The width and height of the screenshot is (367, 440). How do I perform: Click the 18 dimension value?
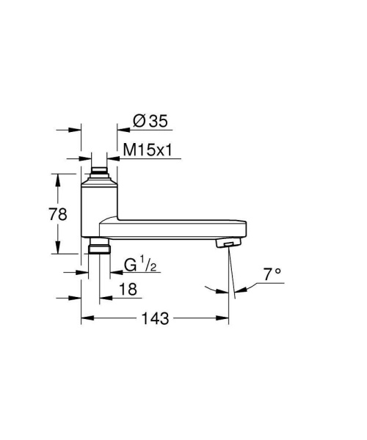point(127,290)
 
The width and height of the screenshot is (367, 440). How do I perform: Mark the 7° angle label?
point(273,274)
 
